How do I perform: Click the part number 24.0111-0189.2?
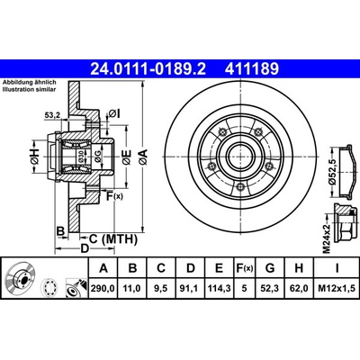pos(148,68)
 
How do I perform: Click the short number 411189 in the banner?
pos(252,68)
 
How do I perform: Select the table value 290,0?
pos(103,288)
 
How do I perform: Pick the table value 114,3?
pos(219,288)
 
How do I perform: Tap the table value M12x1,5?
pos(337,288)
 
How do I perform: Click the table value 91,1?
pos(191,288)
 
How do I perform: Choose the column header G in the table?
pos(270,268)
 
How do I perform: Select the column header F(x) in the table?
pos(245,268)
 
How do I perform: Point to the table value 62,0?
pos(299,288)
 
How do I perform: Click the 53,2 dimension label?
pos(52,114)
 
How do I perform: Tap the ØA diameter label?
pos(143,157)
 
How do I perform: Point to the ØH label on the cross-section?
pos(35,156)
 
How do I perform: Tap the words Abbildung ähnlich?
pos(30,82)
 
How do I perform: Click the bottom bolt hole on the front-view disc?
pos(240,187)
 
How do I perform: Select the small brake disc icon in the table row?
pos(21,278)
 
